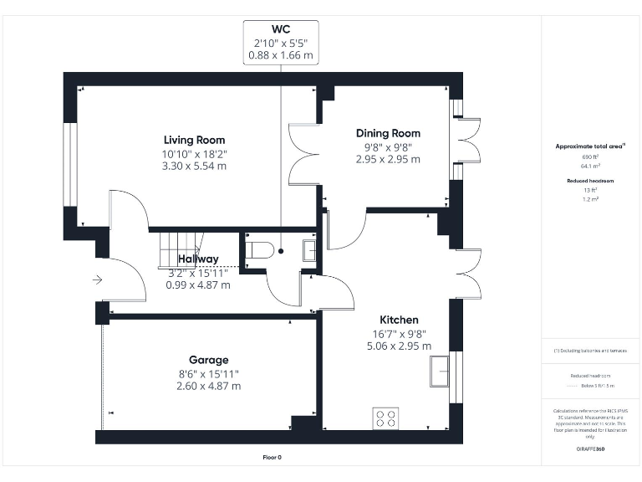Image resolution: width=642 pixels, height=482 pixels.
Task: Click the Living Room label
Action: [x=194, y=140]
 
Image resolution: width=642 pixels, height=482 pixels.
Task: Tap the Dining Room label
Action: [x=388, y=133]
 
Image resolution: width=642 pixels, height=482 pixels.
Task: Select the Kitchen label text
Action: [x=399, y=320]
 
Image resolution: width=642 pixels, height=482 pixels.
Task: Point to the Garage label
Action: [x=208, y=360]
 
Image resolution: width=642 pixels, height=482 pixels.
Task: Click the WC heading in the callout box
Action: [x=281, y=29]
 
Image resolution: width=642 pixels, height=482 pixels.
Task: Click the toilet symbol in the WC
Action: [x=261, y=249]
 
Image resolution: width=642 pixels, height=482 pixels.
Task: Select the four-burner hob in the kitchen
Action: [x=385, y=417]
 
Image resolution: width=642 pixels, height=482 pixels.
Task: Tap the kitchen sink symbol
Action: [x=440, y=371]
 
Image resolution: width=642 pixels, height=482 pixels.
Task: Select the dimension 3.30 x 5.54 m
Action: [x=194, y=166]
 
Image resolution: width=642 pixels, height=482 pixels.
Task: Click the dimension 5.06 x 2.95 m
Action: [x=399, y=346]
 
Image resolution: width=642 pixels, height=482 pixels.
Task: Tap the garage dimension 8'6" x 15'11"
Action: [x=208, y=373]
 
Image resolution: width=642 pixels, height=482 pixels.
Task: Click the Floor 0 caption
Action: [x=273, y=458]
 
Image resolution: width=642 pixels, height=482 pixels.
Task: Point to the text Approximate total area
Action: [x=590, y=146]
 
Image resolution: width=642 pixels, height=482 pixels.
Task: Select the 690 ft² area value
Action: [x=591, y=157]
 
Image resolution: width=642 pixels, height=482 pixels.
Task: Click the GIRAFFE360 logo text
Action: [x=590, y=450]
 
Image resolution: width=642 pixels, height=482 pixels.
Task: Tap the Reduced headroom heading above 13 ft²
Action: [x=591, y=181]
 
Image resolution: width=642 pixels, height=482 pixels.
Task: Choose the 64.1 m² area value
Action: [x=591, y=166]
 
